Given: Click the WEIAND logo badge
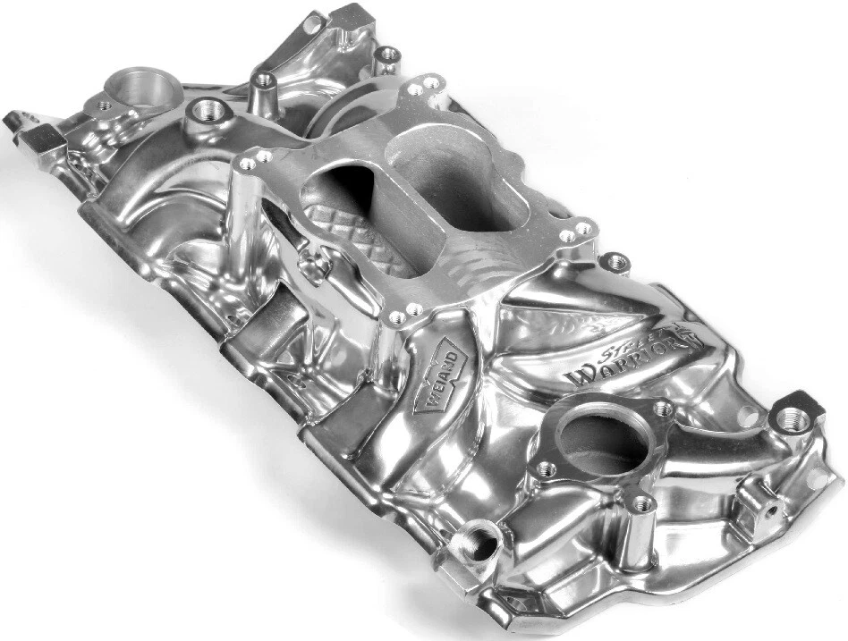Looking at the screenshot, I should click(441, 380).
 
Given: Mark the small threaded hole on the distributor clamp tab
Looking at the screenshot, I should click(106, 105).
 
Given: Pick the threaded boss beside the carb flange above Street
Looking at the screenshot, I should click(615, 262).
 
